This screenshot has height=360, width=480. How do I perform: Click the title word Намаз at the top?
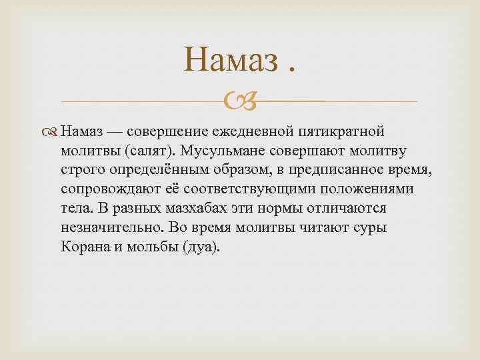pos(229,62)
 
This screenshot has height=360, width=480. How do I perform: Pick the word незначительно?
pos(110,227)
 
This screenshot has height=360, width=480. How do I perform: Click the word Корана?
pos(81,247)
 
